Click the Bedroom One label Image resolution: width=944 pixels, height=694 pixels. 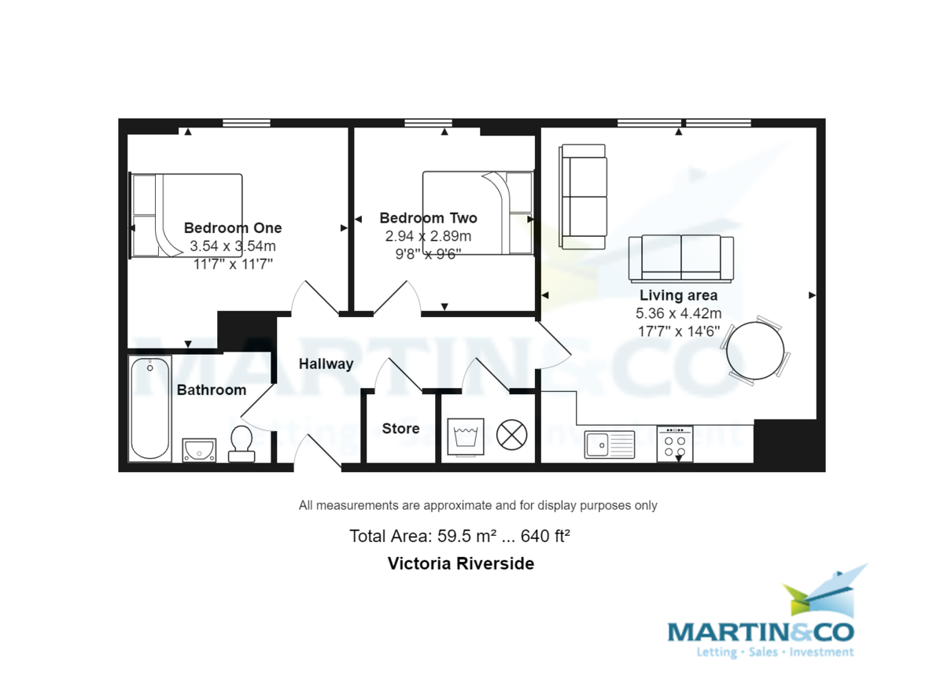click(x=233, y=228)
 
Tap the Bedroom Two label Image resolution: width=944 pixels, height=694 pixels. click(x=428, y=218)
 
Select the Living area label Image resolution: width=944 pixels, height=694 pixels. click(x=678, y=296)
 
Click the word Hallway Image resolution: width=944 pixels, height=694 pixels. click(x=326, y=364)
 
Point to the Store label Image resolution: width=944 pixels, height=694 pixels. click(x=400, y=429)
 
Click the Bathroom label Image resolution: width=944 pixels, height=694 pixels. click(x=211, y=390)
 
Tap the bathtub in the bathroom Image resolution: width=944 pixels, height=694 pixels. click(x=149, y=408)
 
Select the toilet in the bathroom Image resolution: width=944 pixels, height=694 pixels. click(x=241, y=444)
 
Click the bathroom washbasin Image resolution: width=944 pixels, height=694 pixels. click(x=199, y=450)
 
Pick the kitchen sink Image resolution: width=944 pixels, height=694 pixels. click(x=610, y=445)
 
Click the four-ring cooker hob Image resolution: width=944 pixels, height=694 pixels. click(x=675, y=443)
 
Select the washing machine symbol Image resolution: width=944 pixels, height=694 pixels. click(x=466, y=437)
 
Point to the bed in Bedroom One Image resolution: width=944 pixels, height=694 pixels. click(x=186, y=215)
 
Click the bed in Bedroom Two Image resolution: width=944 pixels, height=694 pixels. click(x=478, y=212)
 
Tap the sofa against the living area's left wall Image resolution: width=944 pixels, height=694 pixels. click(x=583, y=196)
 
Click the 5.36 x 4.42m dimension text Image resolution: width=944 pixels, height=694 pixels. click(x=678, y=313)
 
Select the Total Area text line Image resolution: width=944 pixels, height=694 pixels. click(x=459, y=537)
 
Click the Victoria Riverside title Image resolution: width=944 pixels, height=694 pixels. click(x=461, y=563)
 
